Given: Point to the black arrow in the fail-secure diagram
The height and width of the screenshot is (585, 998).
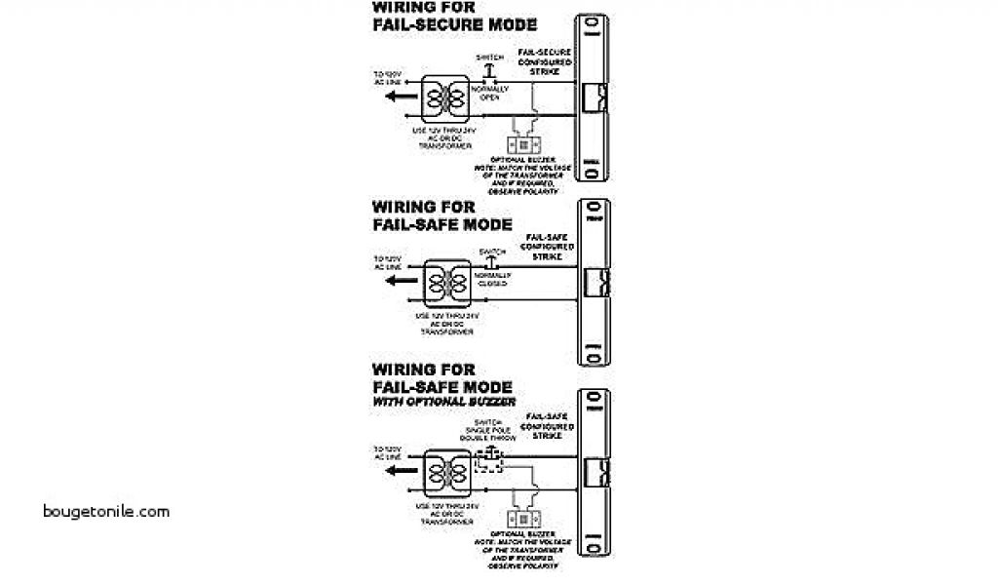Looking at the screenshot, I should [x=392, y=98].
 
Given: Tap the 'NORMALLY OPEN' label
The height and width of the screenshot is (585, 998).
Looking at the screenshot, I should [x=489, y=94].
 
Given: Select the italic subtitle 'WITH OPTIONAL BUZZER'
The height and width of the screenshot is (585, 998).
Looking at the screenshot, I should [x=443, y=402].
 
